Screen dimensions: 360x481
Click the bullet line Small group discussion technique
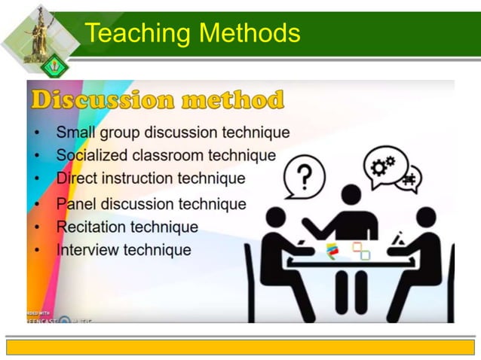173,133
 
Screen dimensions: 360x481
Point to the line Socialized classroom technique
166,155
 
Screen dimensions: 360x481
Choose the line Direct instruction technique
151,178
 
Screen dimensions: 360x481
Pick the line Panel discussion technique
151,203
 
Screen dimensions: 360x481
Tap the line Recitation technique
127,227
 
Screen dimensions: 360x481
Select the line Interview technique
124,249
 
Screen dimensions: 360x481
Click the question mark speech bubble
304,178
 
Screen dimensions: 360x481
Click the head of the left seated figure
276,218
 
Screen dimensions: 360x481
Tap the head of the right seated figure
426,218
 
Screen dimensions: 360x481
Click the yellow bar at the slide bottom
240,346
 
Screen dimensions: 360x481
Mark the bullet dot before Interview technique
38,250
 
